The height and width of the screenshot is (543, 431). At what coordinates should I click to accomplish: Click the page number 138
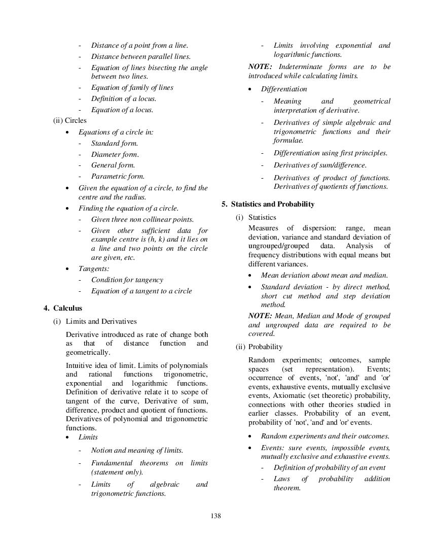215,516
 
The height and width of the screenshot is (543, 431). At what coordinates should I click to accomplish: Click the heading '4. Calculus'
63,308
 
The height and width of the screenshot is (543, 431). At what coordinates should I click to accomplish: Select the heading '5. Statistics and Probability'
268,204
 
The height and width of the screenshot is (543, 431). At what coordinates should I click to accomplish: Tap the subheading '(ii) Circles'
69,121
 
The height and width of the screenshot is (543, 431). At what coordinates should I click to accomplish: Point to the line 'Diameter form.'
115,154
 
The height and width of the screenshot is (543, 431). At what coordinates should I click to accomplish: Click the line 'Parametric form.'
118,177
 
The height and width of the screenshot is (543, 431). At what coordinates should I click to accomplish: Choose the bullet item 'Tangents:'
94,269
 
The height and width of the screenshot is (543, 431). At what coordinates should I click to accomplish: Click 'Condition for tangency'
127,280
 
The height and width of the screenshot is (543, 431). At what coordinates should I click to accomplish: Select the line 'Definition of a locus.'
124,99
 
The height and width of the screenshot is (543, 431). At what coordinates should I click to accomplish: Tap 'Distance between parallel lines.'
140,57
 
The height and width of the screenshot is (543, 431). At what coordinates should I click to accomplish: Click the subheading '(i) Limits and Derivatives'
95,321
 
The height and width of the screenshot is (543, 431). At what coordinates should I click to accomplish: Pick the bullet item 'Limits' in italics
88,437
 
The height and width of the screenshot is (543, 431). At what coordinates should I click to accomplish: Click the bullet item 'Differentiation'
284,89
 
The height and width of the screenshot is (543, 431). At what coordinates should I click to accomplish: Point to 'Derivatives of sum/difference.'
320,165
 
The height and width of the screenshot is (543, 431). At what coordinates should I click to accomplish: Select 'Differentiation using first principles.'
330,153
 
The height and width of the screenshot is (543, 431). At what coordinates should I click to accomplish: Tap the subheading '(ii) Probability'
259,347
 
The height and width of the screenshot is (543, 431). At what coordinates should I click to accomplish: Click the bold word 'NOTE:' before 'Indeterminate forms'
260,67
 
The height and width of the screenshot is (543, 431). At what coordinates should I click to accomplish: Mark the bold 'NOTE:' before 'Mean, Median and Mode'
260,316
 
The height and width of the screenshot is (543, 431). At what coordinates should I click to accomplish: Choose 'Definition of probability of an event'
329,468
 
